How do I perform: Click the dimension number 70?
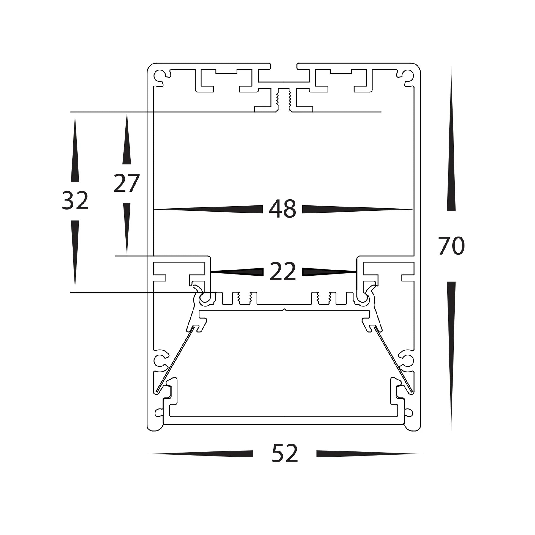point(451,246)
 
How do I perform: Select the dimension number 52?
point(284,454)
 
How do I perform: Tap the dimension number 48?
point(282,209)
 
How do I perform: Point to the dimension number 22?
point(283,272)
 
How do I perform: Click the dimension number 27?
point(126,183)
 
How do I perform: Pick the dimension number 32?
point(75,201)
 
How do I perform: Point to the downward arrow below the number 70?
point(451,342)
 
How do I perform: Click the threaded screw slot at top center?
point(284,100)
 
